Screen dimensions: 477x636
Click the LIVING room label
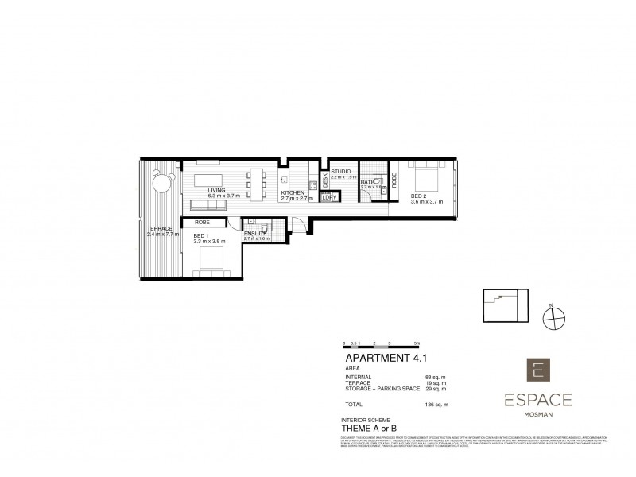tap(216, 191)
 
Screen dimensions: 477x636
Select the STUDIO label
tap(340, 171)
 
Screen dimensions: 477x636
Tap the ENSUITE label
tap(254, 232)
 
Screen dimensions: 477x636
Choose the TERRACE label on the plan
tap(159, 229)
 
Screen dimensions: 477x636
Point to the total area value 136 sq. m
tap(436, 405)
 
